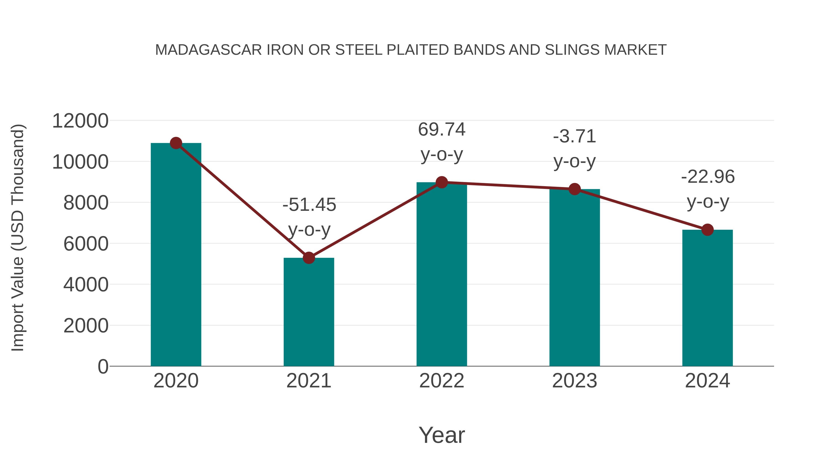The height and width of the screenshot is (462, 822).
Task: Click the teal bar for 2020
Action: (176, 255)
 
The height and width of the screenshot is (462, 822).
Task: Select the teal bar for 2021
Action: (308, 313)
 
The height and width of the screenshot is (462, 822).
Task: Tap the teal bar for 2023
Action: (574, 277)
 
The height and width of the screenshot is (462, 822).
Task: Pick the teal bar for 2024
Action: (707, 298)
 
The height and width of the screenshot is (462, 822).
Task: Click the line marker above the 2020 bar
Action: (176, 143)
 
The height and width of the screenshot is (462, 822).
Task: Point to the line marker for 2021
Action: (308, 258)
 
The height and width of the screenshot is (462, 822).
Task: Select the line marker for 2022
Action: (442, 182)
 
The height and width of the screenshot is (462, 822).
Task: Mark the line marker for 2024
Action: (707, 230)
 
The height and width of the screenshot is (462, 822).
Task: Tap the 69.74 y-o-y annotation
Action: (442, 142)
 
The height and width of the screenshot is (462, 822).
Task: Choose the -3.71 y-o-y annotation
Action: (574, 149)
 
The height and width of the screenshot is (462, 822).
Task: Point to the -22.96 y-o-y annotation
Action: (708, 189)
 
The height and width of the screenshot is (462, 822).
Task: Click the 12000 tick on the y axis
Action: (80, 121)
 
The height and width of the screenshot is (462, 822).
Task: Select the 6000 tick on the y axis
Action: (86, 244)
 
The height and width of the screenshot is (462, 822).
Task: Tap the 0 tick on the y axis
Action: (103, 367)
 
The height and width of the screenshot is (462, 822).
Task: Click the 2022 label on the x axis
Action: (442, 381)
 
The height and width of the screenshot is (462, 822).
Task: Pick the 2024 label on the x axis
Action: (707, 381)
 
